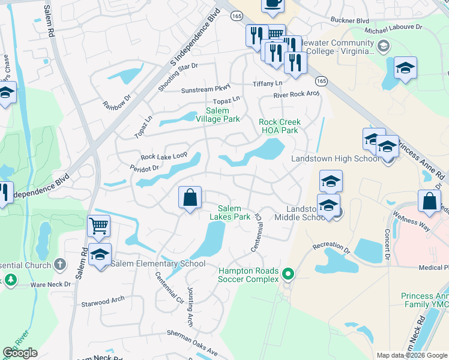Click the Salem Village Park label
point(223,115)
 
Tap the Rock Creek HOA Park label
point(279,126)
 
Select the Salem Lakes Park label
point(234,212)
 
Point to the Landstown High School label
point(335,158)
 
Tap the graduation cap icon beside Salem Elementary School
point(100,254)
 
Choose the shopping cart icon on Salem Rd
point(98,226)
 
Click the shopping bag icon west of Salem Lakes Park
point(190,197)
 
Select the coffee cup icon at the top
point(272,4)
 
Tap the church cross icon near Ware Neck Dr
point(60,264)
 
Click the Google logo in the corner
point(20,353)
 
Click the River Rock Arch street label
point(296,94)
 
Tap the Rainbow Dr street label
point(116,104)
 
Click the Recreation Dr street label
point(331,246)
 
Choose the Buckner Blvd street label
point(349,20)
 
